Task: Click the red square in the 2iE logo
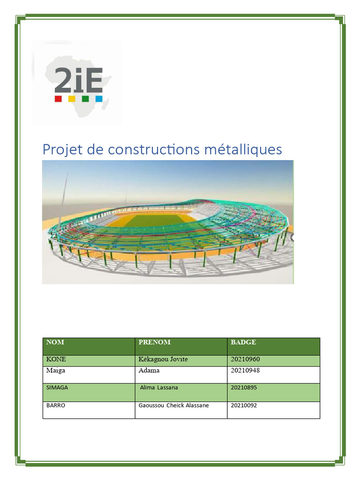[58, 99]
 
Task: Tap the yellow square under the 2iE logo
[72, 99]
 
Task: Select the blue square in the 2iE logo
[99, 99]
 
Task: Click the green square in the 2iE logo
[85, 99]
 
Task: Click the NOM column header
[55, 342]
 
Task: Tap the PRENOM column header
[155, 342]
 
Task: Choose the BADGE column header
[243, 342]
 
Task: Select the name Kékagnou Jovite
[163, 360]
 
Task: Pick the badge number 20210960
[245, 359]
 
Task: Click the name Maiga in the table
[56, 371]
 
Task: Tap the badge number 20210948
[245, 370]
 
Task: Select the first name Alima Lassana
[159, 388]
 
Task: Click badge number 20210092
[244, 405]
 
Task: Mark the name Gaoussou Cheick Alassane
[173, 405]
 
